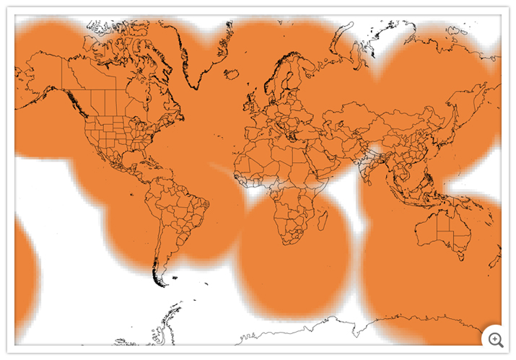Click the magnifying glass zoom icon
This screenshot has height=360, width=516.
[496, 338]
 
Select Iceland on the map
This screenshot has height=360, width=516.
[232, 74]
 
